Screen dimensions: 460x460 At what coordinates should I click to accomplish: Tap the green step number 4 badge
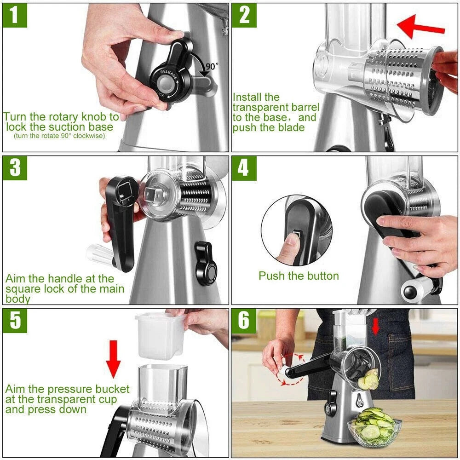[x=244, y=167]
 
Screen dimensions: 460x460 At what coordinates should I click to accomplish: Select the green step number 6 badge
[x=244, y=321]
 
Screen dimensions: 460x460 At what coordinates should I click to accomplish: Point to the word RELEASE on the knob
[x=169, y=75]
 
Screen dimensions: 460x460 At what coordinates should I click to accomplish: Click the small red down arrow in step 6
[x=376, y=326]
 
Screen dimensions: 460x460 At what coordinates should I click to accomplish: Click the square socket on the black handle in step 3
[x=123, y=191]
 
